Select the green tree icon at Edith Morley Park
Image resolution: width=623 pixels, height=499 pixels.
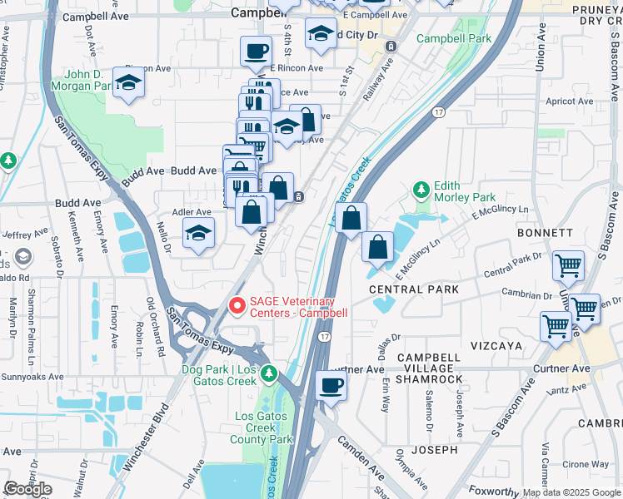(422, 190)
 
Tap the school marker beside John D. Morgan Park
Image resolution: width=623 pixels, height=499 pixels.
(128, 83)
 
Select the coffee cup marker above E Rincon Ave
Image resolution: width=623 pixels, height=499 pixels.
(256, 52)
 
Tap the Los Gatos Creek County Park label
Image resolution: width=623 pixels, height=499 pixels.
(263, 427)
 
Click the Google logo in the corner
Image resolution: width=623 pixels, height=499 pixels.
(28, 488)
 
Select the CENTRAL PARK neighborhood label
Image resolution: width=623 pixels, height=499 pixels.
(414, 289)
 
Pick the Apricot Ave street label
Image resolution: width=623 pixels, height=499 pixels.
(568, 101)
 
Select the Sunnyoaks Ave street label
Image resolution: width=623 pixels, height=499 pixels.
(32, 377)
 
